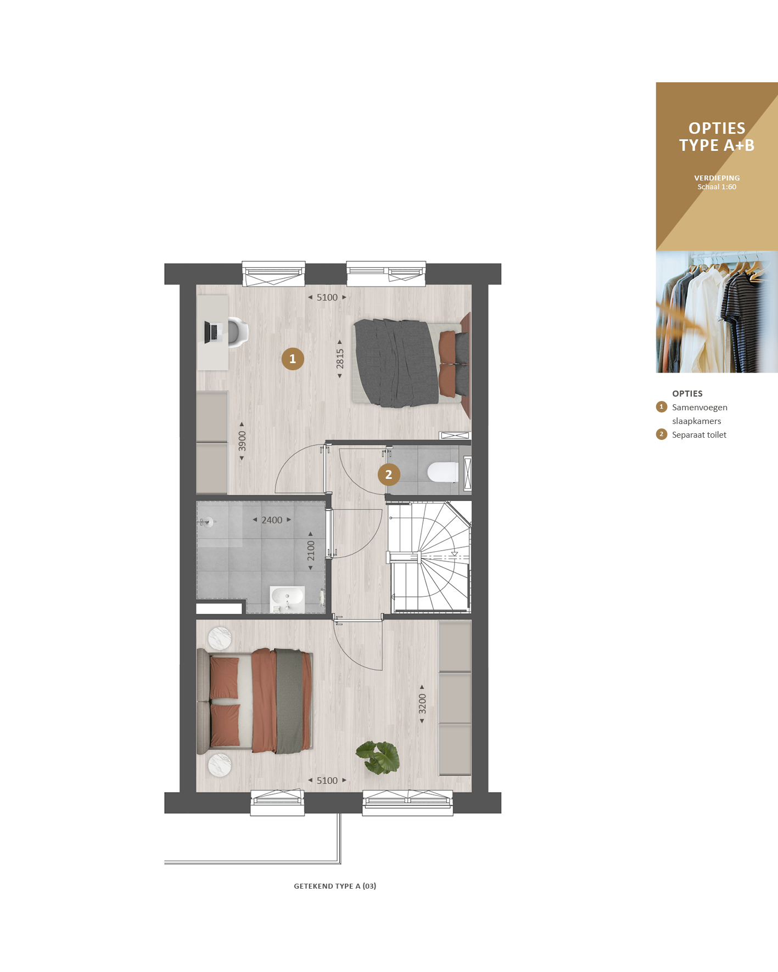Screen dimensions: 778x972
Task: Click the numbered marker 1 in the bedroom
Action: [293, 359]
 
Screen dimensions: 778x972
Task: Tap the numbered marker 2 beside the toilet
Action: [389, 474]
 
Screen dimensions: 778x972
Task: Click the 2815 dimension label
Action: [340, 359]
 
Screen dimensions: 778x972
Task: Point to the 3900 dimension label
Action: [242, 441]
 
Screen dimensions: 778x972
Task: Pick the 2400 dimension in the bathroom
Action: [272, 520]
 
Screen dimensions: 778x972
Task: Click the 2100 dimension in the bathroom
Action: [311, 551]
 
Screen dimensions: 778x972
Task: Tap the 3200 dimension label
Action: [422, 704]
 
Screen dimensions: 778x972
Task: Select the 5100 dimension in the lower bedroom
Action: [327, 781]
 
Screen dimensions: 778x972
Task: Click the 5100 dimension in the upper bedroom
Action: [327, 297]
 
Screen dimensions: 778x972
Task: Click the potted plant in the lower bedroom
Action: [378, 757]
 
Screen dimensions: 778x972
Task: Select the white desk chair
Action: [238, 332]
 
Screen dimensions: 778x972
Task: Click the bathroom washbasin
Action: [287, 599]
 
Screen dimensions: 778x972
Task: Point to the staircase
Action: [429, 557]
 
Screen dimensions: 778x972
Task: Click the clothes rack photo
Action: [717, 312]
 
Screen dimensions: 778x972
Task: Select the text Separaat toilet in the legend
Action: [699, 435]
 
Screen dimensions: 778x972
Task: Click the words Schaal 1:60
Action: [717, 187]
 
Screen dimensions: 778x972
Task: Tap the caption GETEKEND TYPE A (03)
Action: [335, 886]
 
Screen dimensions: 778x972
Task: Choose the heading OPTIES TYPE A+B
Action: [717, 137]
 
